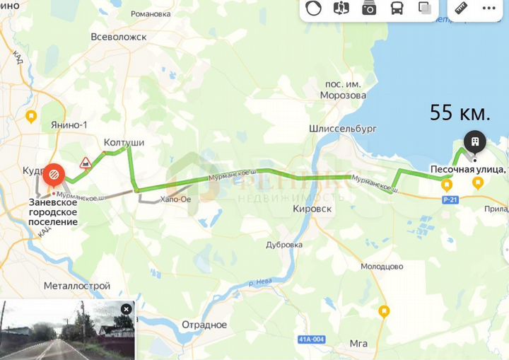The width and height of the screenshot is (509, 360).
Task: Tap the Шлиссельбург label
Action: point(343,129)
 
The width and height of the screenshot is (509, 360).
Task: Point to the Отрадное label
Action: point(204,325)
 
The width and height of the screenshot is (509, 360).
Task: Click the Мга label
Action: point(358,344)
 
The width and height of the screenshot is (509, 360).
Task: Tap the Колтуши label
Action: point(124,142)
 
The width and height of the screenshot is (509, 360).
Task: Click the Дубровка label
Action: point(285,244)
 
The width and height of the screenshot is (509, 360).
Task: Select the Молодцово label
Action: point(382,266)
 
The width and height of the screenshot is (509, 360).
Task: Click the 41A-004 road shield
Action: point(312,339)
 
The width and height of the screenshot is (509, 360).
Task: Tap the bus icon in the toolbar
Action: point(397,9)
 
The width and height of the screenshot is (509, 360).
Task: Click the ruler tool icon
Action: point(462,9)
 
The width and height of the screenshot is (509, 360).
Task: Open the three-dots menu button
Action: point(488,9)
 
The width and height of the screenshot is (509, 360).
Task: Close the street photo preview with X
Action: point(126,309)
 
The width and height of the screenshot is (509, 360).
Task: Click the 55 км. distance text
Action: point(460,113)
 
